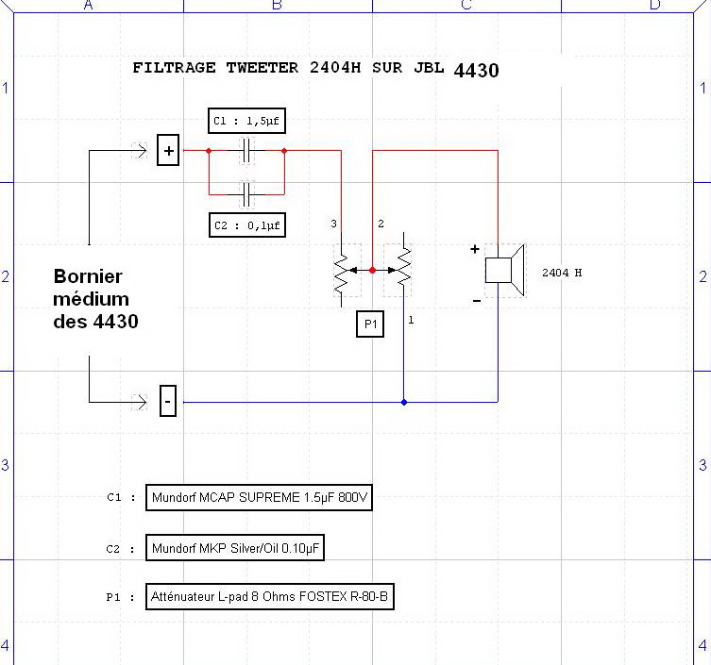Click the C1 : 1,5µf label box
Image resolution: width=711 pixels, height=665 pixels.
(246, 121)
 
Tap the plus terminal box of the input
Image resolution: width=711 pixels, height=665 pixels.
(168, 151)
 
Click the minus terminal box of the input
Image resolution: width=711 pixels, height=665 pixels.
(168, 402)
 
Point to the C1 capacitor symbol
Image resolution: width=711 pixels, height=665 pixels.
(246, 151)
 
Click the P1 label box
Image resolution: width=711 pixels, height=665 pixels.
(371, 325)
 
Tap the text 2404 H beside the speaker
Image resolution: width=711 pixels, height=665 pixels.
(562, 273)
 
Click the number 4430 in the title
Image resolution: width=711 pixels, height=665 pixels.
(476, 70)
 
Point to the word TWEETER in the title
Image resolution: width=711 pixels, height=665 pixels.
(263, 68)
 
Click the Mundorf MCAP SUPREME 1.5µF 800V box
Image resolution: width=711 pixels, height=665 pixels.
(260, 498)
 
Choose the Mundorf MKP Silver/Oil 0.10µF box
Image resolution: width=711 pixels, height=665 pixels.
(241, 547)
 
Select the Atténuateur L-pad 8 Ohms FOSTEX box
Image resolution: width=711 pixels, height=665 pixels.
(269, 596)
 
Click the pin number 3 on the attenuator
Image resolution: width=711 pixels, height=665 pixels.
(333, 224)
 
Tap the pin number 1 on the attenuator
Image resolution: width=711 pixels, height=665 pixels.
(411, 321)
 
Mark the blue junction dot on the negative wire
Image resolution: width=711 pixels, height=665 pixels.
(404, 402)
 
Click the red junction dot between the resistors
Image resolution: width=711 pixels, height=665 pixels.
(372, 271)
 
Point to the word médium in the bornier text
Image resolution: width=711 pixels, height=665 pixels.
(92, 299)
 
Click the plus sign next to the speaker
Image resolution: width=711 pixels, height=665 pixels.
(475, 250)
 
